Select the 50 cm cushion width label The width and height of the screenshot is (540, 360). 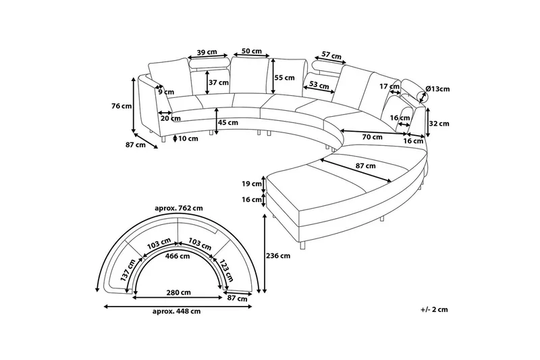(x=251, y=51)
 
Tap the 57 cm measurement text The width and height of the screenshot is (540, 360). (x=330, y=54)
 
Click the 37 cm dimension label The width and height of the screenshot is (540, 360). (x=219, y=82)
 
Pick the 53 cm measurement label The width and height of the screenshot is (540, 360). (x=319, y=84)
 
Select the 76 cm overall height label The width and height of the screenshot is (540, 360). (x=122, y=106)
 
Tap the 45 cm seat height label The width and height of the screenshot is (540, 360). (x=228, y=122)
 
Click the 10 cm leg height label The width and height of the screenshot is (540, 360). (x=189, y=138)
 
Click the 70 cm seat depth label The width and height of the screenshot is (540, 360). (x=372, y=137)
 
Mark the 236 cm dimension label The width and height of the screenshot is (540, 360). (x=279, y=256)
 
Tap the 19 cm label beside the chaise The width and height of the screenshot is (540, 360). (x=252, y=183)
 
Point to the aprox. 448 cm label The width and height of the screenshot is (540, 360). (x=178, y=311)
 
